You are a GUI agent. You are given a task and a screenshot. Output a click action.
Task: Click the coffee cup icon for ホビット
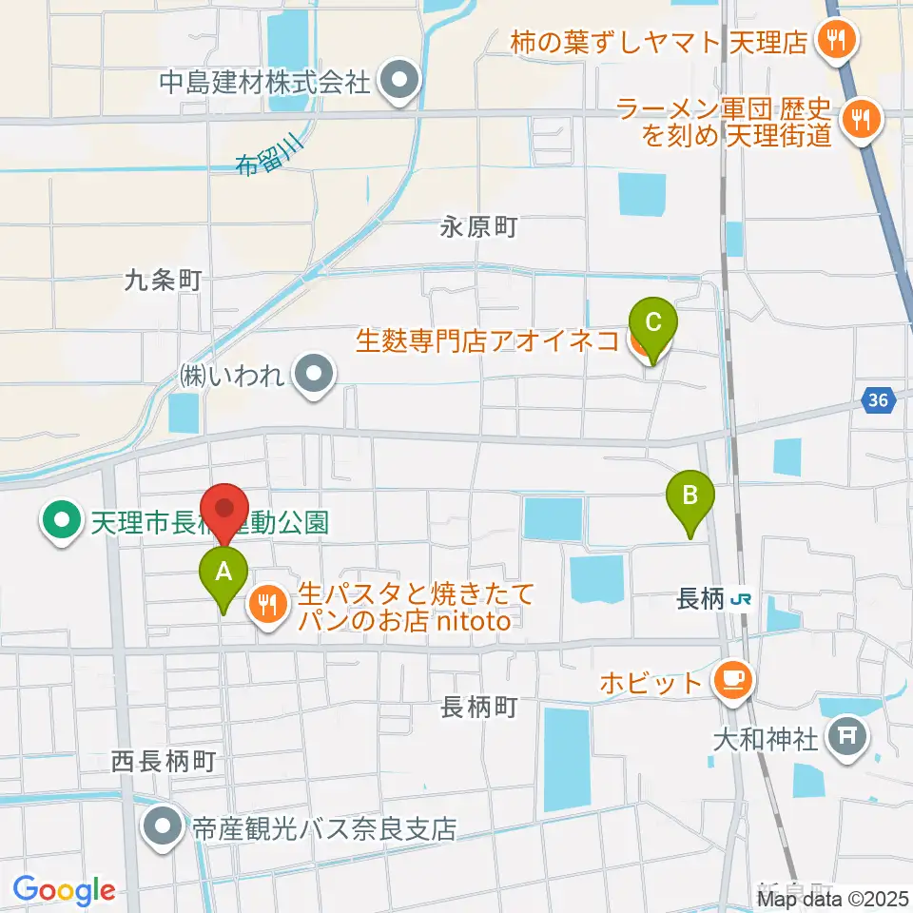click(x=732, y=679)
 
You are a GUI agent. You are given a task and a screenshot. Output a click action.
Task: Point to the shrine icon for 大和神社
click(x=845, y=735)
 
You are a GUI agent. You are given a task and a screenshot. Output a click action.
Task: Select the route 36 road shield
click(x=879, y=401)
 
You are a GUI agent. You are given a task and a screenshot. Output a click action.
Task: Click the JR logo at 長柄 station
click(x=742, y=599)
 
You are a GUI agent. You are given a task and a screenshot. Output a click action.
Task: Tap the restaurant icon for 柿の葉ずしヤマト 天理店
click(x=837, y=40)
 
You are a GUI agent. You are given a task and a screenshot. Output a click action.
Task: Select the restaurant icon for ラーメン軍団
click(x=863, y=119)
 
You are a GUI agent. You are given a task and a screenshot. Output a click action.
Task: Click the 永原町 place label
click(x=478, y=227)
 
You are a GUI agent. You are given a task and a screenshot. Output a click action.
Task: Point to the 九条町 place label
click(x=163, y=280)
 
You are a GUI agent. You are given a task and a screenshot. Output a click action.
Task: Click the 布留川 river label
click(x=269, y=156)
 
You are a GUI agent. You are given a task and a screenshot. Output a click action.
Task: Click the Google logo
click(x=64, y=891)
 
